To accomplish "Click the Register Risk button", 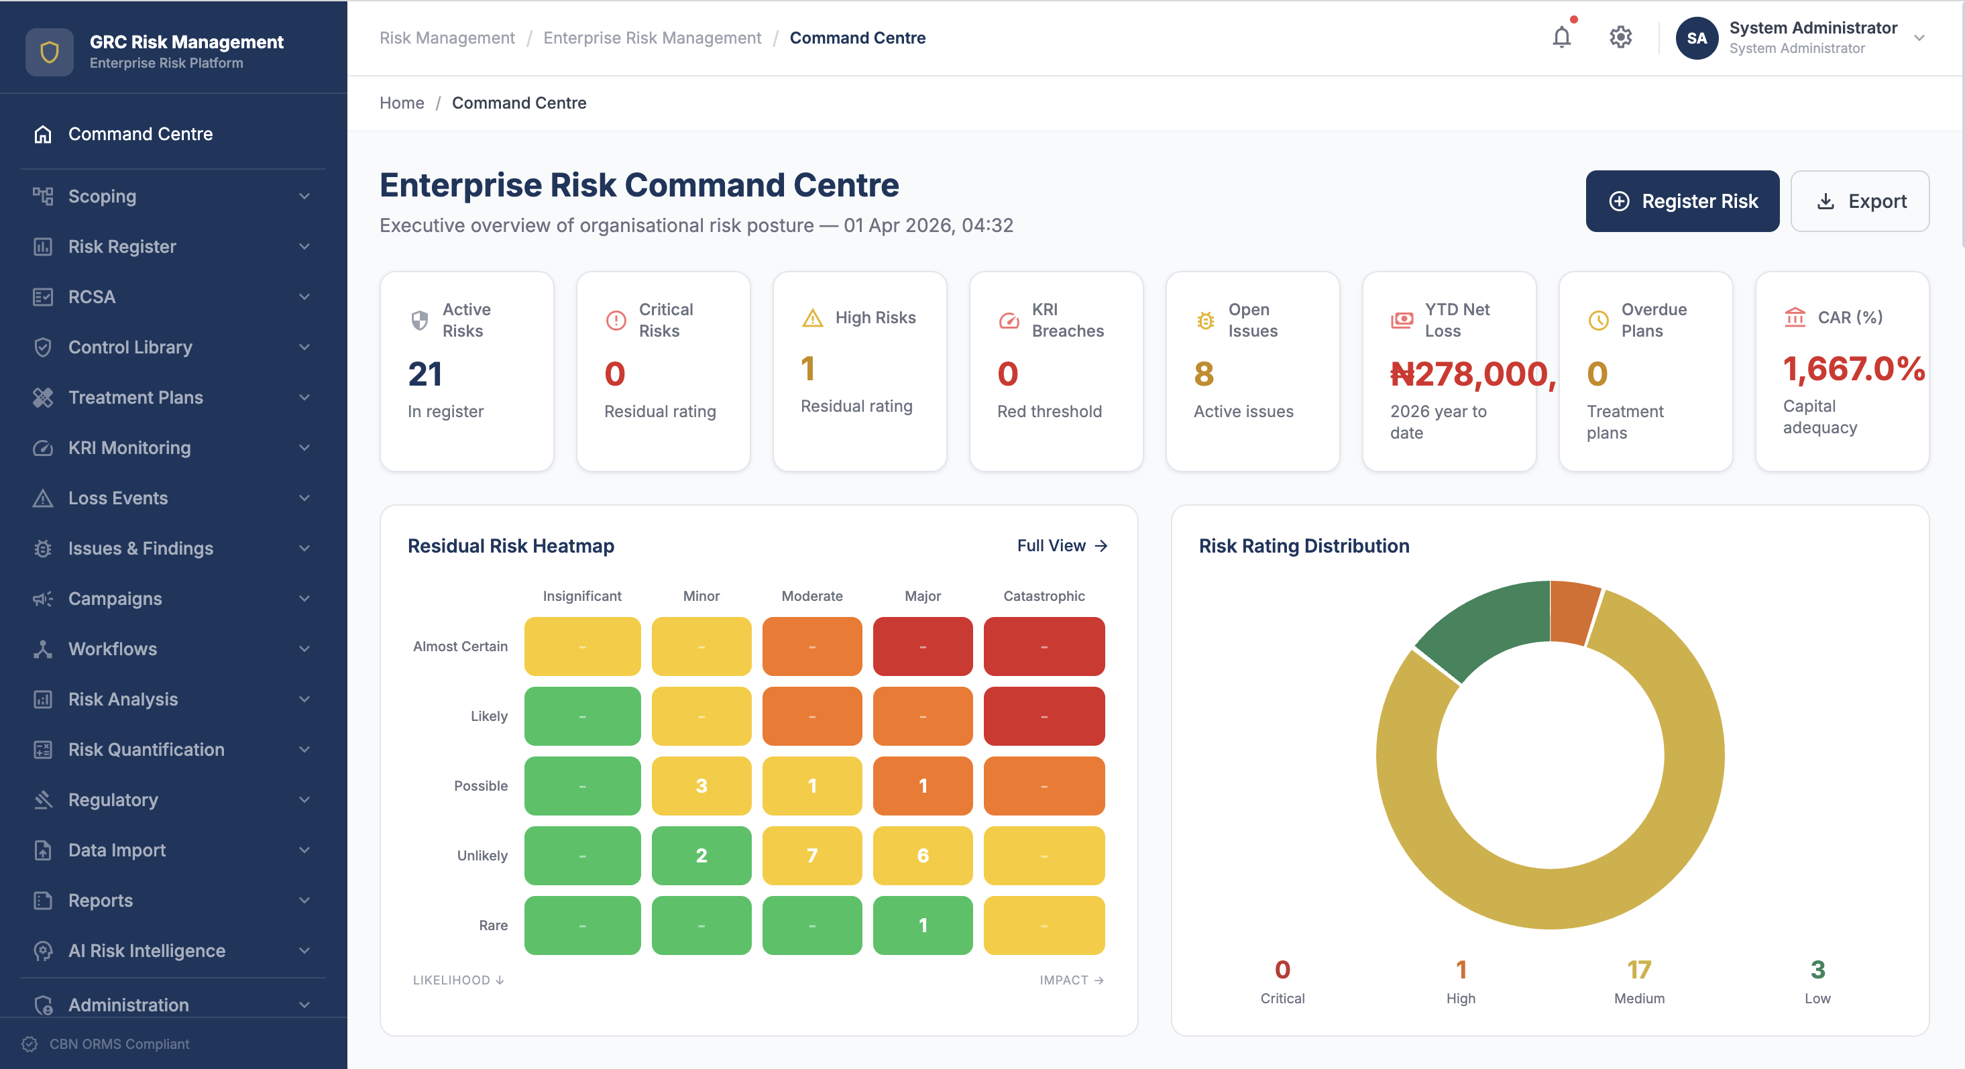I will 1682,201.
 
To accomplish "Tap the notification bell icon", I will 1561,38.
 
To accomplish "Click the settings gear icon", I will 1620,38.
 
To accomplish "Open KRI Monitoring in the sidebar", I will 129,448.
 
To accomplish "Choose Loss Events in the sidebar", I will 117,498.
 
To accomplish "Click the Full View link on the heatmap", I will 1061,545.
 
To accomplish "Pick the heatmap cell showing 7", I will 811,855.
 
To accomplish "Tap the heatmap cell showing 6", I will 922,855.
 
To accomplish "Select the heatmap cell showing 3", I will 701,786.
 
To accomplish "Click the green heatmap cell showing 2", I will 701,855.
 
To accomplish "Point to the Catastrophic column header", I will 1044,596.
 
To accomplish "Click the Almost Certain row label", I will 460,646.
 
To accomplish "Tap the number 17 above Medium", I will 1638,970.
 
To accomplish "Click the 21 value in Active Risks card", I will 425,374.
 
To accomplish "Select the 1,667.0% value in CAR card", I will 1853,370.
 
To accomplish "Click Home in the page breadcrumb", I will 401,103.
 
